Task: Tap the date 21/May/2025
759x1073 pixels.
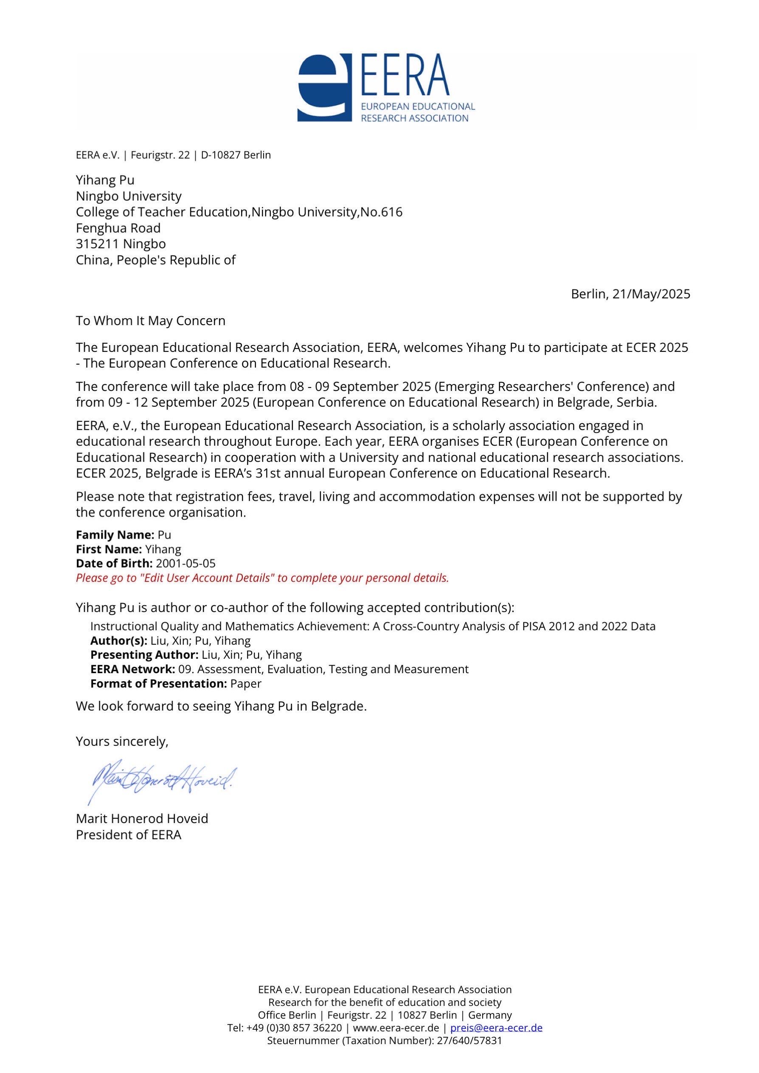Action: [x=651, y=294]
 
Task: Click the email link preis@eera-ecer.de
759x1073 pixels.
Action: [x=496, y=1028]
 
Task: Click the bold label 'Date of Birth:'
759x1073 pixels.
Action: [x=114, y=563]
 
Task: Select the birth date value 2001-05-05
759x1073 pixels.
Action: [x=186, y=563]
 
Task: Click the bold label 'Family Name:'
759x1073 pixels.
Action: [x=115, y=535]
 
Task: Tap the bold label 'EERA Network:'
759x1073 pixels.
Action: [x=133, y=669]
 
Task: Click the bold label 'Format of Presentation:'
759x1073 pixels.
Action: [x=158, y=684]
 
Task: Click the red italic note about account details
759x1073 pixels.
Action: [x=262, y=578]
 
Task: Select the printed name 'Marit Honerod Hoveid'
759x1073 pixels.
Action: [x=142, y=818]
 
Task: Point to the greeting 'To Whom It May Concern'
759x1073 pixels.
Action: [x=151, y=320]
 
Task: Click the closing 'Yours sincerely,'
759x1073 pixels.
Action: [x=122, y=741]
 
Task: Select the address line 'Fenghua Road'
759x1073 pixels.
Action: [x=118, y=228]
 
